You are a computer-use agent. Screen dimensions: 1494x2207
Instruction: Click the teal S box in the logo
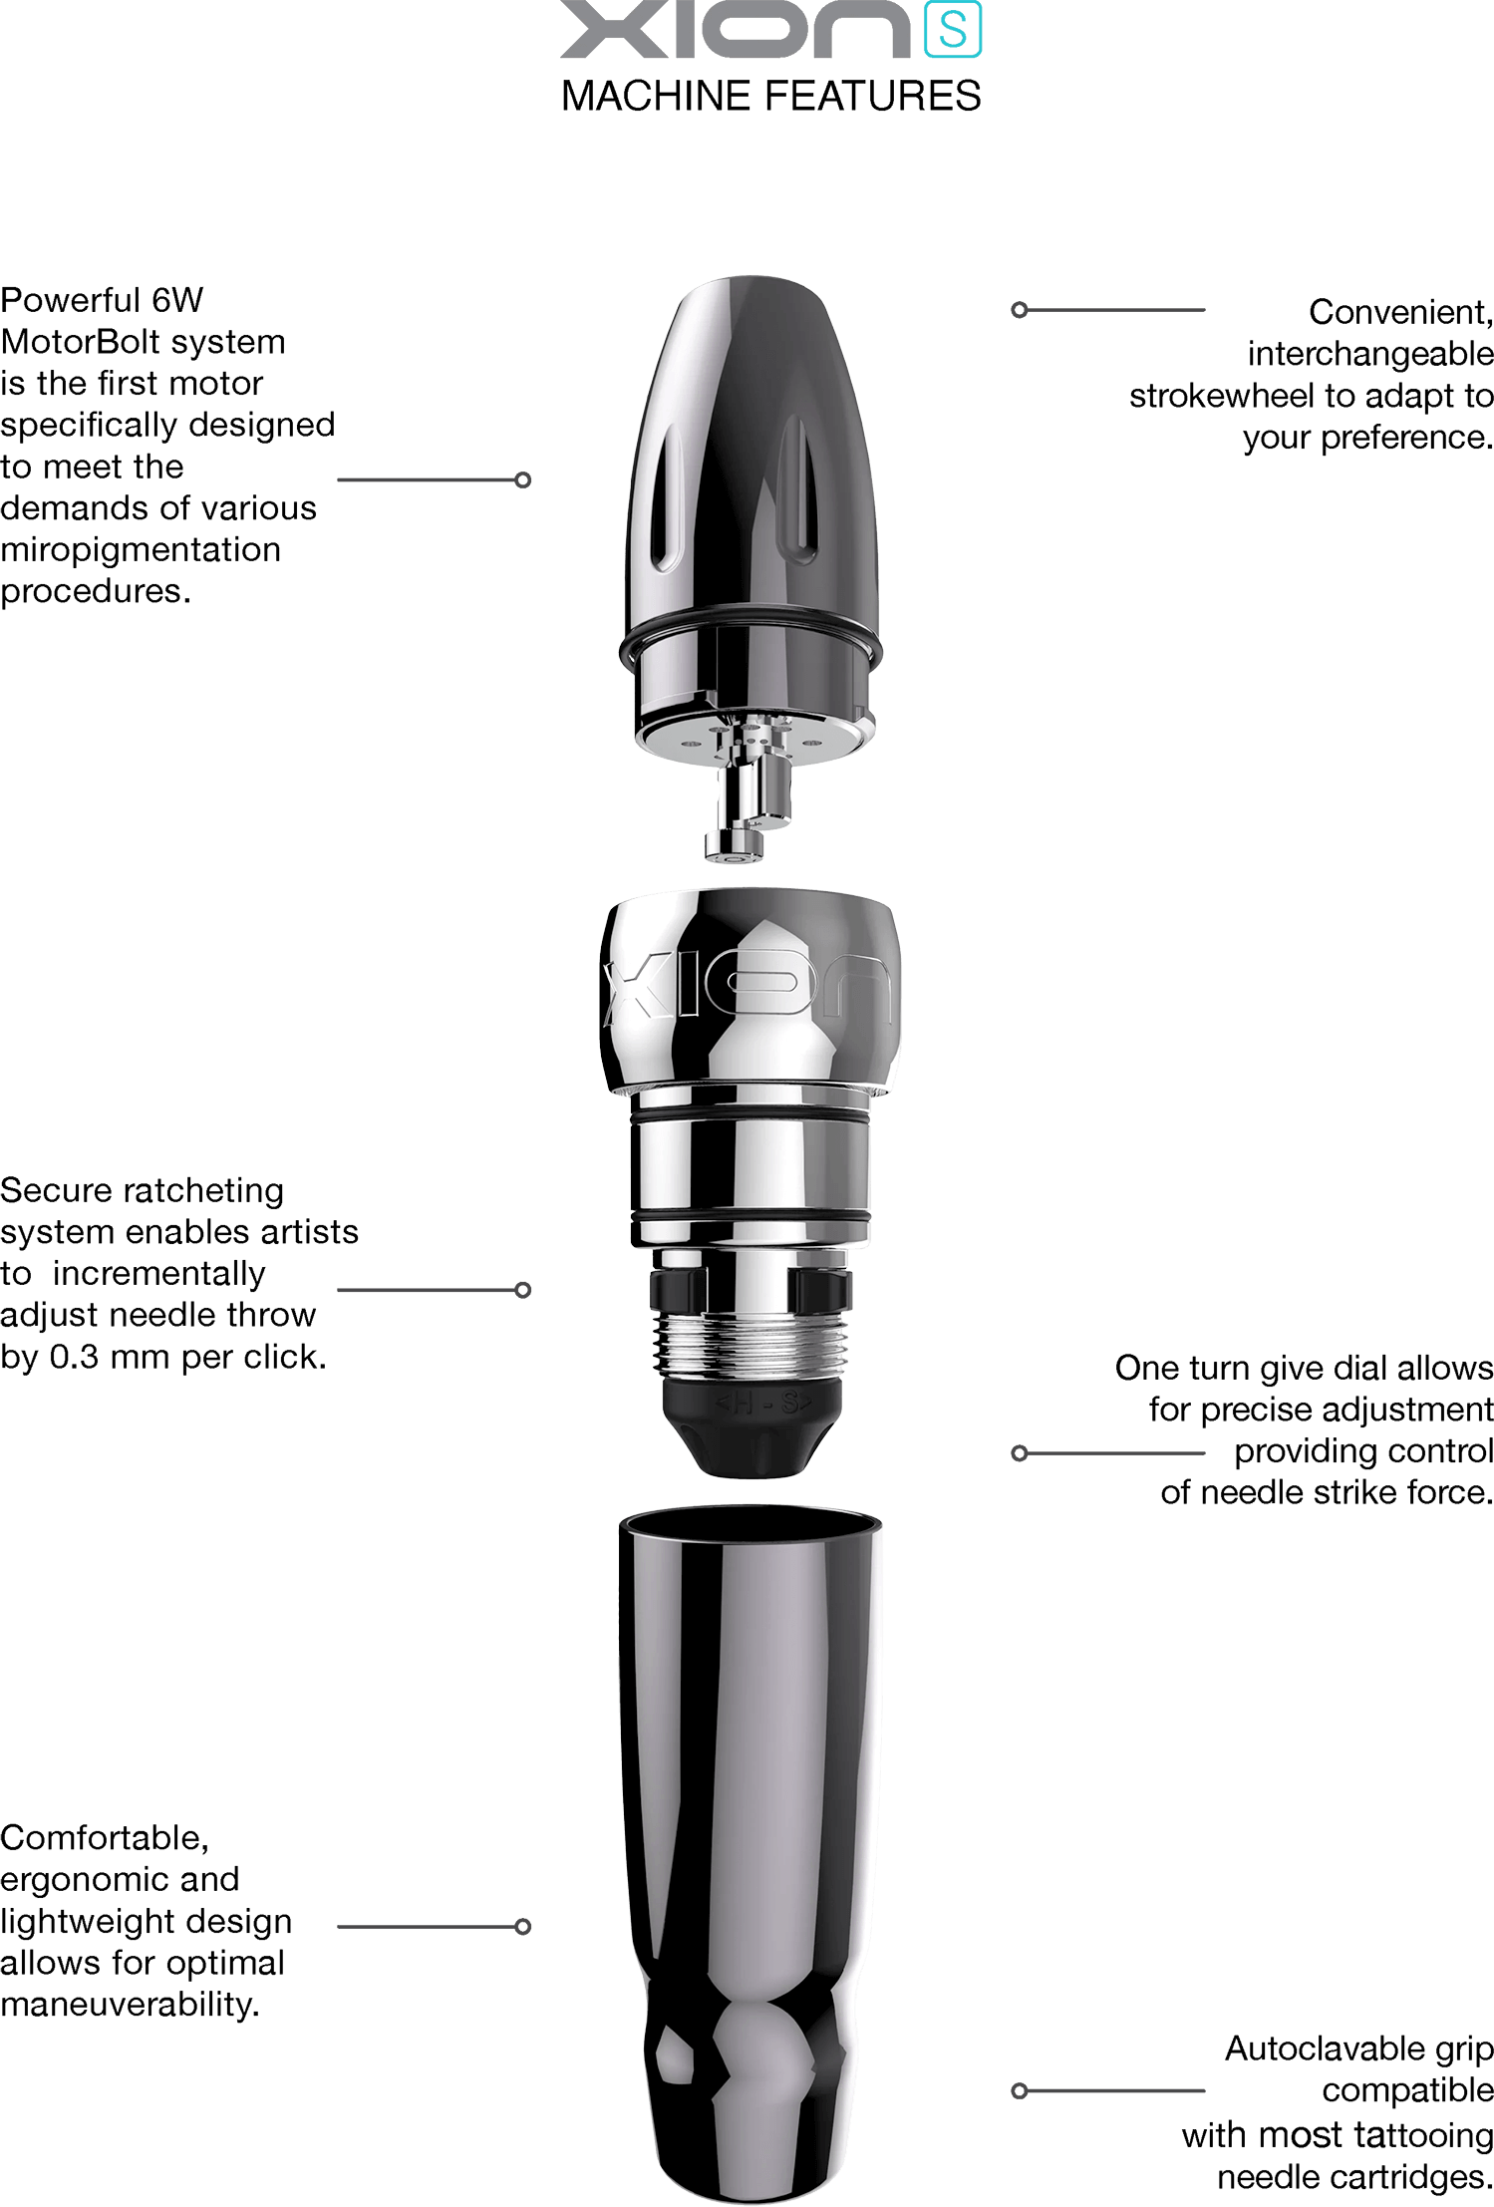(x=953, y=29)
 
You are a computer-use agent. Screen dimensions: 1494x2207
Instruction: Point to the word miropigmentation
(x=141, y=550)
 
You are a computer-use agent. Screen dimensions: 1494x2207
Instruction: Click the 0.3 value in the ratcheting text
(x=74, y=1357)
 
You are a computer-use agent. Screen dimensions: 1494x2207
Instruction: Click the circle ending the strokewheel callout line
(x=1019, y=310)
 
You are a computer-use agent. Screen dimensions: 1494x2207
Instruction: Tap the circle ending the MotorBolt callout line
(x=522, y=480)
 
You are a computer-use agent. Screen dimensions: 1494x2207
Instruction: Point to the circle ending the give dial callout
(x=1019, y=1453)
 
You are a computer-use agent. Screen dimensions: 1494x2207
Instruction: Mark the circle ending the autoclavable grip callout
(x=1019, y=2090)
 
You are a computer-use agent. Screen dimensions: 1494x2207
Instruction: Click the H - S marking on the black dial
(x=763, y=1404)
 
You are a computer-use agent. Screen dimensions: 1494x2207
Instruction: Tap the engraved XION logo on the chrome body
(x=747, y=985)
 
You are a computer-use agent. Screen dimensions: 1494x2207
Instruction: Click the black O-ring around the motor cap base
(x=749, y=641)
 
